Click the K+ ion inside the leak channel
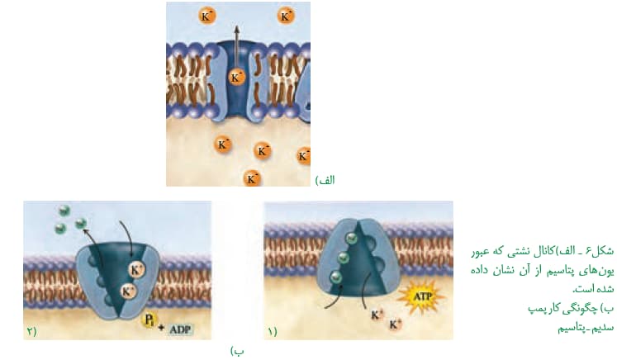[x=236, y=78]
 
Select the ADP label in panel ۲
[x=182, y=329]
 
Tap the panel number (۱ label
[x=273, y=332]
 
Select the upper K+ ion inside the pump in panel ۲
[x=137, y=270]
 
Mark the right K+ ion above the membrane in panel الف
[x=286, y=16]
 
